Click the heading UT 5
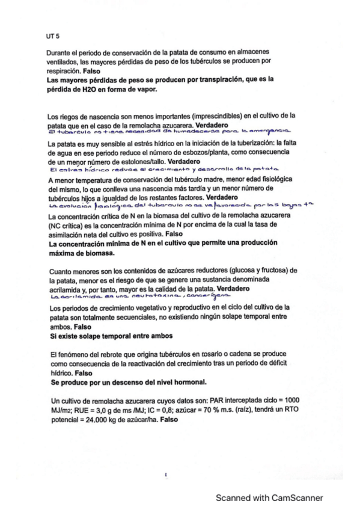(53, 36)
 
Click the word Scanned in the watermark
(235, 497)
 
